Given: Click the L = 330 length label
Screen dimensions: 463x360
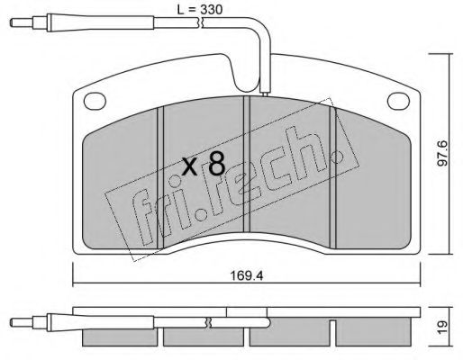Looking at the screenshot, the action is click(200, 9).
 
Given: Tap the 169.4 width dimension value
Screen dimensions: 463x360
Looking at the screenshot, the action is click(247, 275).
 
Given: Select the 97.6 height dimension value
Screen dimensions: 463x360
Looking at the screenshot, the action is click(442, 153).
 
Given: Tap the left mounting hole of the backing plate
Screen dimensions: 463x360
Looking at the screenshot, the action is click(95, 101).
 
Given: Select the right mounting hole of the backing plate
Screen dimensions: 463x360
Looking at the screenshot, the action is click(398, 101).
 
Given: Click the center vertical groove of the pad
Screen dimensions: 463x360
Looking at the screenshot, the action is click(247, 164).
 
